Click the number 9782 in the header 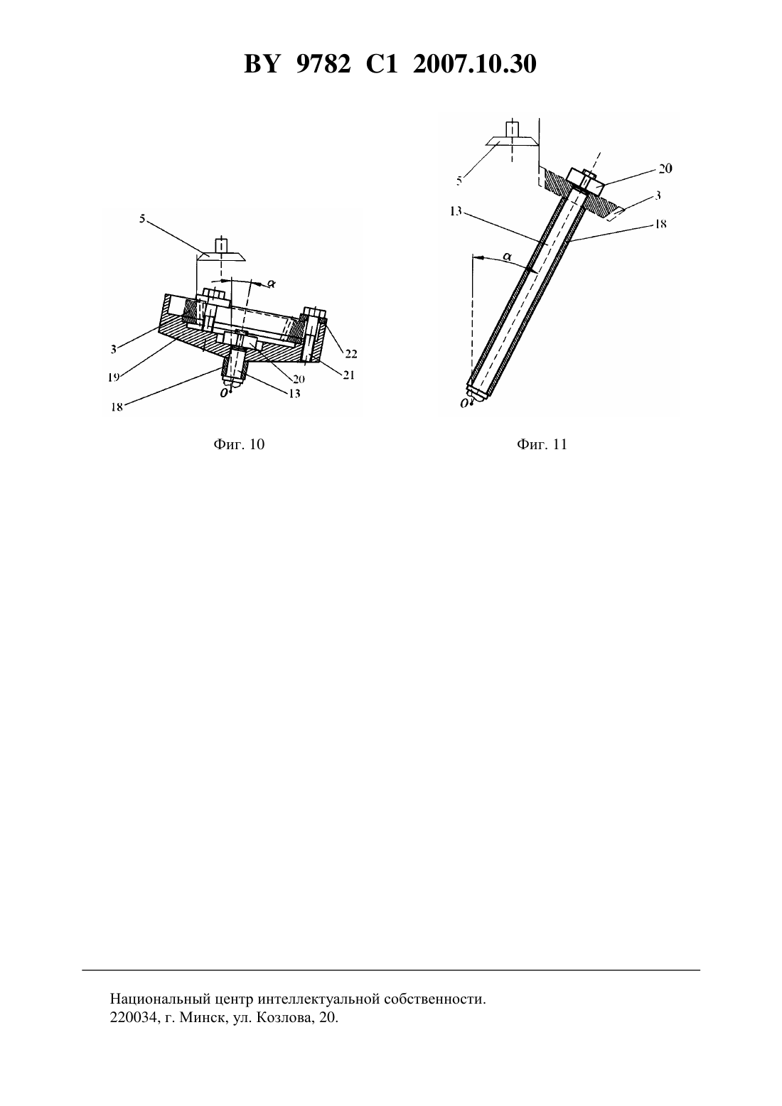point(323,65)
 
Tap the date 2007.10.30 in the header point(474,65)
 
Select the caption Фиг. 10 point(239,444)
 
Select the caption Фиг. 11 point(542,444)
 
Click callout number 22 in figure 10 point(350,353)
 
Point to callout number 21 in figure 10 point(348,375)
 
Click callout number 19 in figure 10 point(114,377)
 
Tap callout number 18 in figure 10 point(117,407)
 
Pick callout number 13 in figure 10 point(294,394)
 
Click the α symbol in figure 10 point(271,284)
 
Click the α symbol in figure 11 point(507,257)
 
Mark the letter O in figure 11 point(464,404)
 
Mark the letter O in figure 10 point(224,392)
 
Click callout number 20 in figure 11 point(665,168)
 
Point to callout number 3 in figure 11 point(658,195)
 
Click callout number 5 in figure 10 point(142,218)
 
